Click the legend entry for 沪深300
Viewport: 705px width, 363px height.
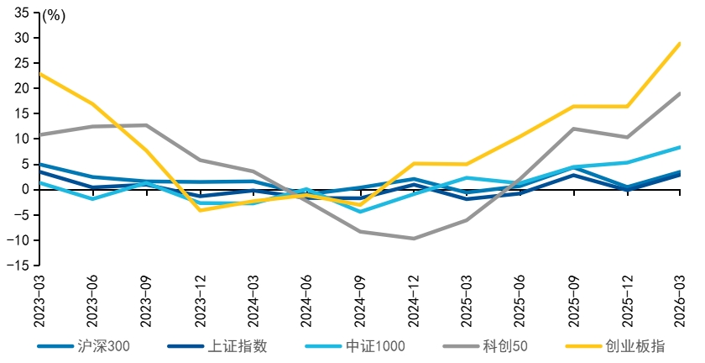tap(84, 346)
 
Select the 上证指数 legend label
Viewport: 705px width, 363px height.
tap(217, 346)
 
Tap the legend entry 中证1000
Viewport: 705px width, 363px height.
tap(355, 346)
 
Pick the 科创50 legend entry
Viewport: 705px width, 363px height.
tap(486, 346)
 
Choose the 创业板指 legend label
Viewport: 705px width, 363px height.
tap(615, 346)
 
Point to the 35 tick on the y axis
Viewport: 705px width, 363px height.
tap(21, 13)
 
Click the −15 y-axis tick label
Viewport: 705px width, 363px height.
tap(18, 266)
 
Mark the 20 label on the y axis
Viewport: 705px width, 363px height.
tap(21, 88)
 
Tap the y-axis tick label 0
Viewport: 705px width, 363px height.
tap(24, 190)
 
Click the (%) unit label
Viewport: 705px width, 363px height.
tap(54, 16)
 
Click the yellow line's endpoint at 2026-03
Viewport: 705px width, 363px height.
tap(679, 44)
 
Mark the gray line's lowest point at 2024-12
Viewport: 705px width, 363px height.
tap(414, 239)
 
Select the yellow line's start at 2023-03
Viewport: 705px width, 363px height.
tap(40, 73)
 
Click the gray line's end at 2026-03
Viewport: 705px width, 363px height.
tap(679, 93)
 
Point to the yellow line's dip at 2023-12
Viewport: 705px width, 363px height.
tap(200, 210)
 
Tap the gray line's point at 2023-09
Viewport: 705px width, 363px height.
tap(147, 125)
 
